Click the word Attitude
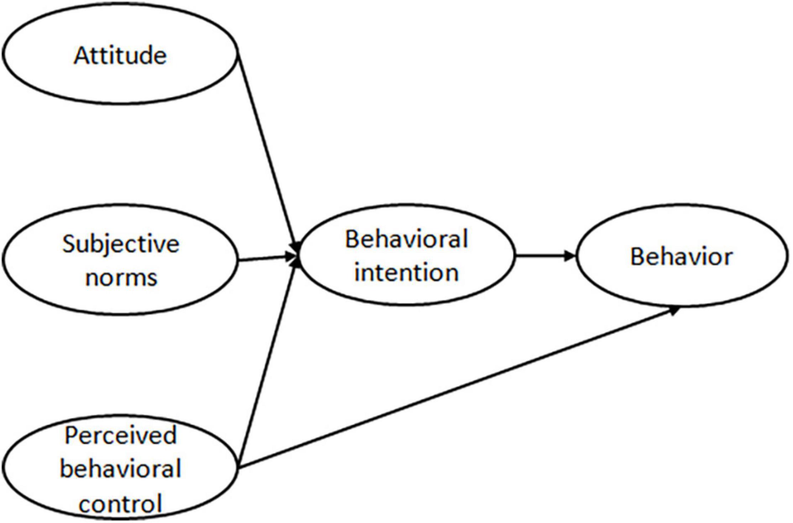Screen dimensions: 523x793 (x=120, y=56)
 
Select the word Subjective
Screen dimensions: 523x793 (x=121, y=244)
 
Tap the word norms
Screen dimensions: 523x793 (x=121, y=277)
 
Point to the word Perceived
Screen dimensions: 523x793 (x=120, y=435)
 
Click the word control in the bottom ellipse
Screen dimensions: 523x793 (x=120, y=503)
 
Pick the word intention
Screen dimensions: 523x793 (x=406, y=273)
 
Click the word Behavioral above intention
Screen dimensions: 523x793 (x=406, y=239)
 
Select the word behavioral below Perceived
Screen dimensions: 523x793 (x=120, y=469)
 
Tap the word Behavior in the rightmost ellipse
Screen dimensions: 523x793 (x=681, y=257)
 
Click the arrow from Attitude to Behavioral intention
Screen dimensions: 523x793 (x=267, y=150)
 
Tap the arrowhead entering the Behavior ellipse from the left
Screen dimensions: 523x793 (x=569, y=255)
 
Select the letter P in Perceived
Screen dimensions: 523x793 (x=70, y=435)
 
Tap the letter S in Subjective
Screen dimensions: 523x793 (x=69, y=244)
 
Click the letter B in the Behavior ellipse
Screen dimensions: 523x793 (x=637, y=257)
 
